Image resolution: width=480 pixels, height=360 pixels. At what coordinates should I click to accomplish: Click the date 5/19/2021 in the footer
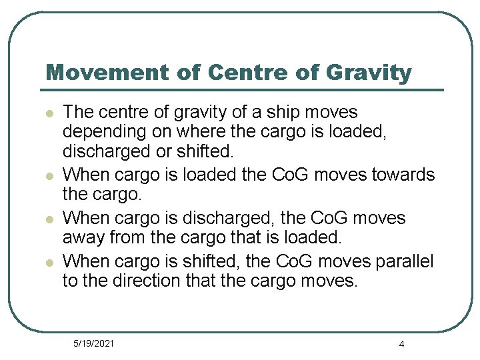coord(93,343)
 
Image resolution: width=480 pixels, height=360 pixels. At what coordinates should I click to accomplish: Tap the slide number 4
coord(401,344)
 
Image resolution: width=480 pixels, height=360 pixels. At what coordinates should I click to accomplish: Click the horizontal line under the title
coord(243,89)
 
